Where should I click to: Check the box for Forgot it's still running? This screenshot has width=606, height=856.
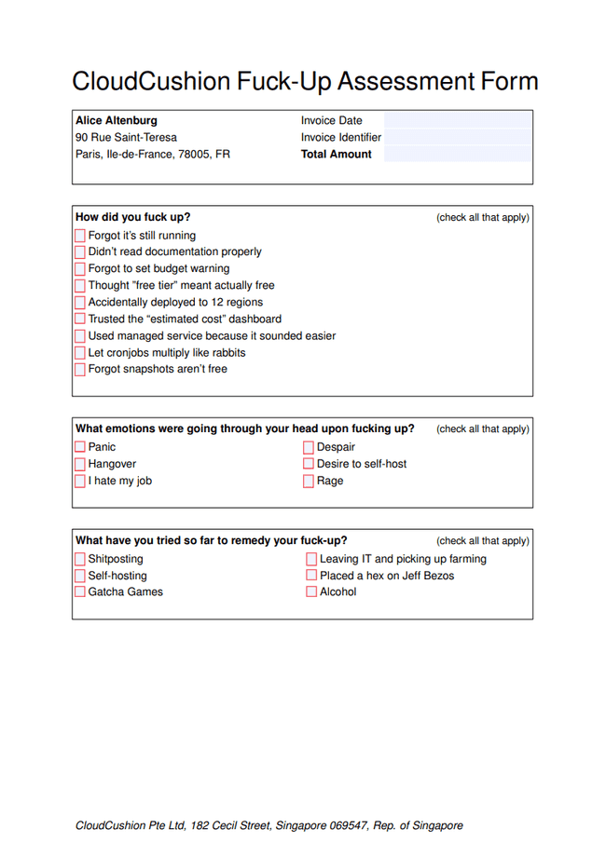pos(80,236)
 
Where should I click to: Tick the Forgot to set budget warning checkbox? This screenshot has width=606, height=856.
pos(80,269)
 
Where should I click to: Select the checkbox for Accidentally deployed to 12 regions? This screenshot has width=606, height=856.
pos(80,303)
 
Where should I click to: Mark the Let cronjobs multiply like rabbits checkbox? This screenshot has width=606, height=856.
pos(80,353)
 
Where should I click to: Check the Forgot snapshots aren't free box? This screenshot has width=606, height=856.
pos(80,370)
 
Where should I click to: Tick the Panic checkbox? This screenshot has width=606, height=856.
pos(80,447)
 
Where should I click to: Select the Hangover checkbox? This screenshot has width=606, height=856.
pos(80,464)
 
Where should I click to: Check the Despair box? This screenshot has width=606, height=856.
pos(309,447)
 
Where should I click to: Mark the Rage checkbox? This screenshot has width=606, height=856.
pos(309,482)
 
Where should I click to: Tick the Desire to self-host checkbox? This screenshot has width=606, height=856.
pos(309,464)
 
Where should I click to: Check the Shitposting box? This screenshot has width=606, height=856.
pos(80,559)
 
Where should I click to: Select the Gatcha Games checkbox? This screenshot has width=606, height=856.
pos(80,592)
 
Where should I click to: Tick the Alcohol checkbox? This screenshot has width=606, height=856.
pos(311,592)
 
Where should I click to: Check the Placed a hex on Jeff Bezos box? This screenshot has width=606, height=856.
pos(311,576)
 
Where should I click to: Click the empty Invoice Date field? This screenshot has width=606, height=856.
pos(457,120)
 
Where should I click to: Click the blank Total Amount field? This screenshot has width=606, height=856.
pos(457,155)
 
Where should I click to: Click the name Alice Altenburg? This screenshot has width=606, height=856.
pos(117,120)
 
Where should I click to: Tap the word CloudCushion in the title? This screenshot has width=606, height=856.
pos(150,81)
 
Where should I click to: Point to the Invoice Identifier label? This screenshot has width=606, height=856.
pos(340,138)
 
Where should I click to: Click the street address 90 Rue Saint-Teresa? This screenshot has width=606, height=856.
pos(126,138)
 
